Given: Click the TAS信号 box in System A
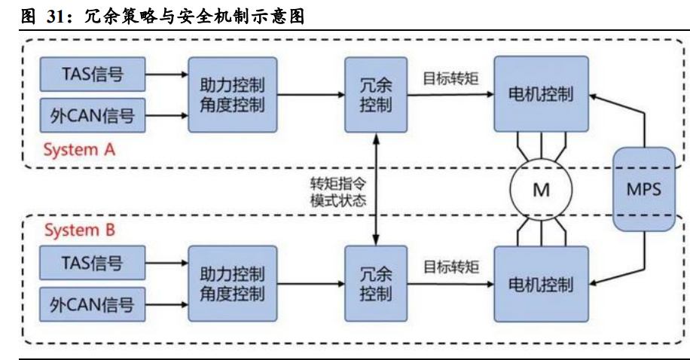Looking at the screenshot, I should tap(91, 75).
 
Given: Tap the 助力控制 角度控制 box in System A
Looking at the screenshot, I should tap(232, 94).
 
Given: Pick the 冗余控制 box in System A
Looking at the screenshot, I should tap(375, 94).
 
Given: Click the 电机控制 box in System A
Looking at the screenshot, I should tap(541, 94).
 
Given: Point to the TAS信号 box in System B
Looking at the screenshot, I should tap(91, 264).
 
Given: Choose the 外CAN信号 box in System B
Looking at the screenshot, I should tap(91, 304).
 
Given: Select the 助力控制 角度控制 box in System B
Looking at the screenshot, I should tap(232, 284).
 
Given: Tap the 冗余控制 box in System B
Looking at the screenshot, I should tap(375, 284).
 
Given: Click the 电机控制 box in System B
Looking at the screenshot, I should tap(541, 284).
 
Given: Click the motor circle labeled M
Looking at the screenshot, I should tap(541, 190).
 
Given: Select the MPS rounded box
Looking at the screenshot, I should tap(643, 189).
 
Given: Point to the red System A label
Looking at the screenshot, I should tap(79, 150).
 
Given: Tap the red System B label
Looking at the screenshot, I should tap(79, 230).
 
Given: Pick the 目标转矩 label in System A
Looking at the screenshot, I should tap(450, 78).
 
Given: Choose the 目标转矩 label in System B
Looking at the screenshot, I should tap(450, 267).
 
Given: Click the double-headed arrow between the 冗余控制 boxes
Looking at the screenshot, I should tap(375, 189).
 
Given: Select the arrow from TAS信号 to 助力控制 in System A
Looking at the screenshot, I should tap(166, 75).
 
